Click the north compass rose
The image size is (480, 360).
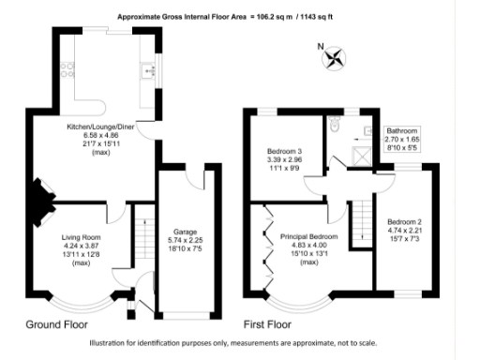[331, 59]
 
